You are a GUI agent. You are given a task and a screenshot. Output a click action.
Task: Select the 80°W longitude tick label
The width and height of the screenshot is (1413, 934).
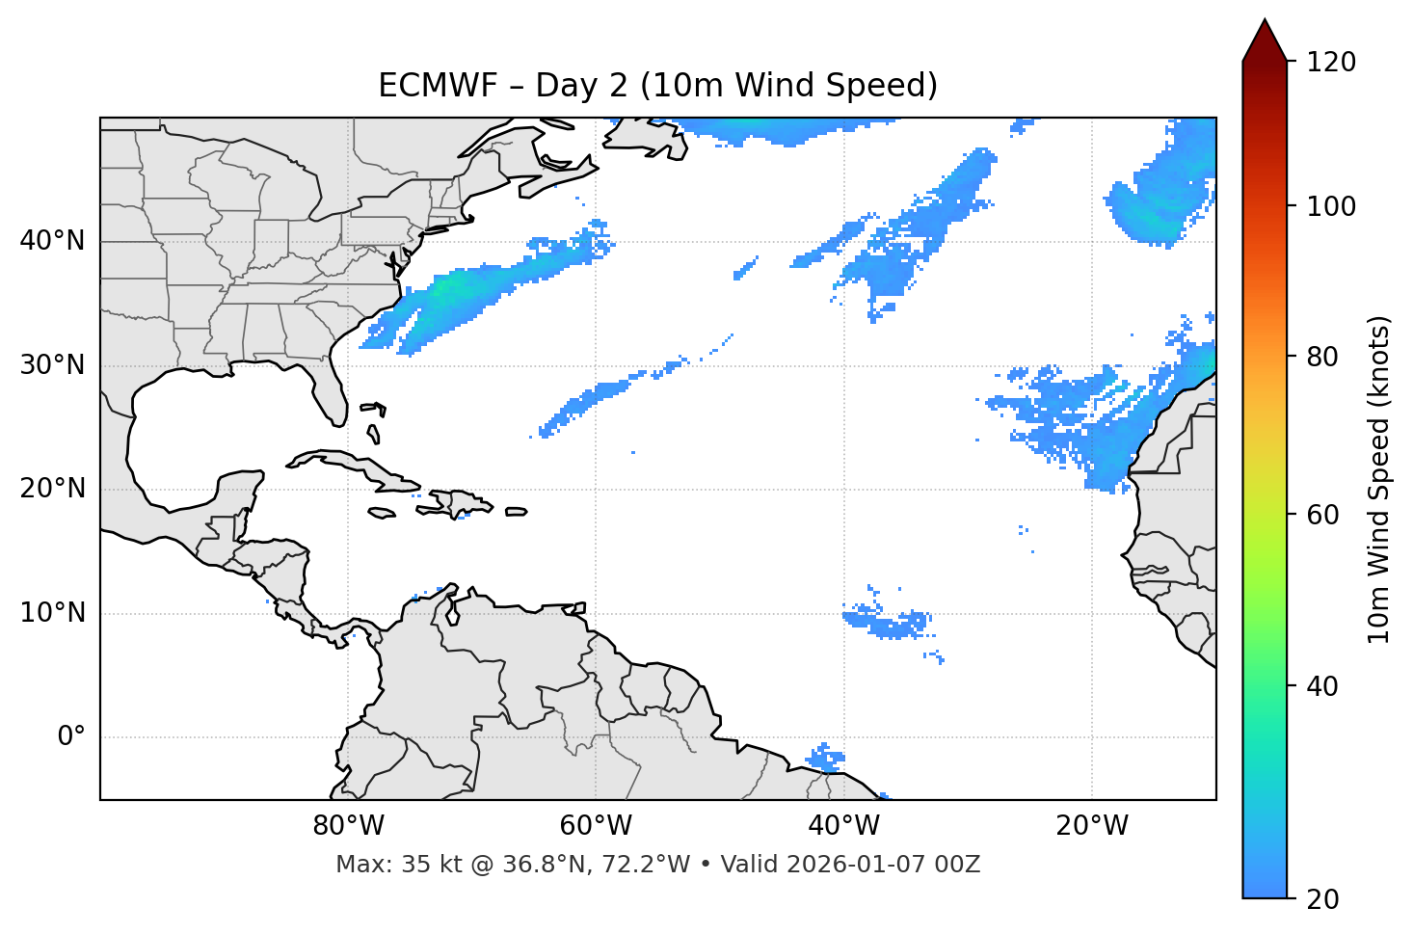click(348, 826)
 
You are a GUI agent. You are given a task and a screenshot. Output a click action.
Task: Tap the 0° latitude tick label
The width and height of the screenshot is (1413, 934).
click(71, 737)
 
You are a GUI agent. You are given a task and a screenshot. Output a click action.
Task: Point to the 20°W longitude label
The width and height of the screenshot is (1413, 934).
click(1092, 826)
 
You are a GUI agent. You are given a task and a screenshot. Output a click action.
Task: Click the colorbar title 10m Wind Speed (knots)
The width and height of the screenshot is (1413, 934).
click(1379, 479)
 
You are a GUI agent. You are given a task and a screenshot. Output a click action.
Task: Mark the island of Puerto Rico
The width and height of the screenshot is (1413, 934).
click(517, 512)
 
